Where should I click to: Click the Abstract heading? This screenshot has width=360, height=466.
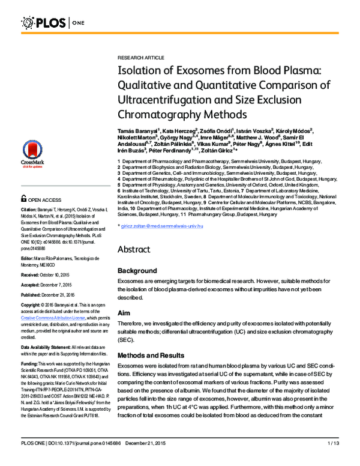click(138, 249)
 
